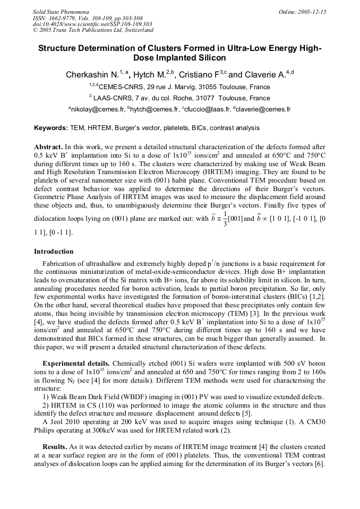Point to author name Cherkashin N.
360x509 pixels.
(90, 75)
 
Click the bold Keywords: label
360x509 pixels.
(51, 128)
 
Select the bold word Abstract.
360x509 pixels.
(49, 146)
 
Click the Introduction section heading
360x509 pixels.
(54, 251)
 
